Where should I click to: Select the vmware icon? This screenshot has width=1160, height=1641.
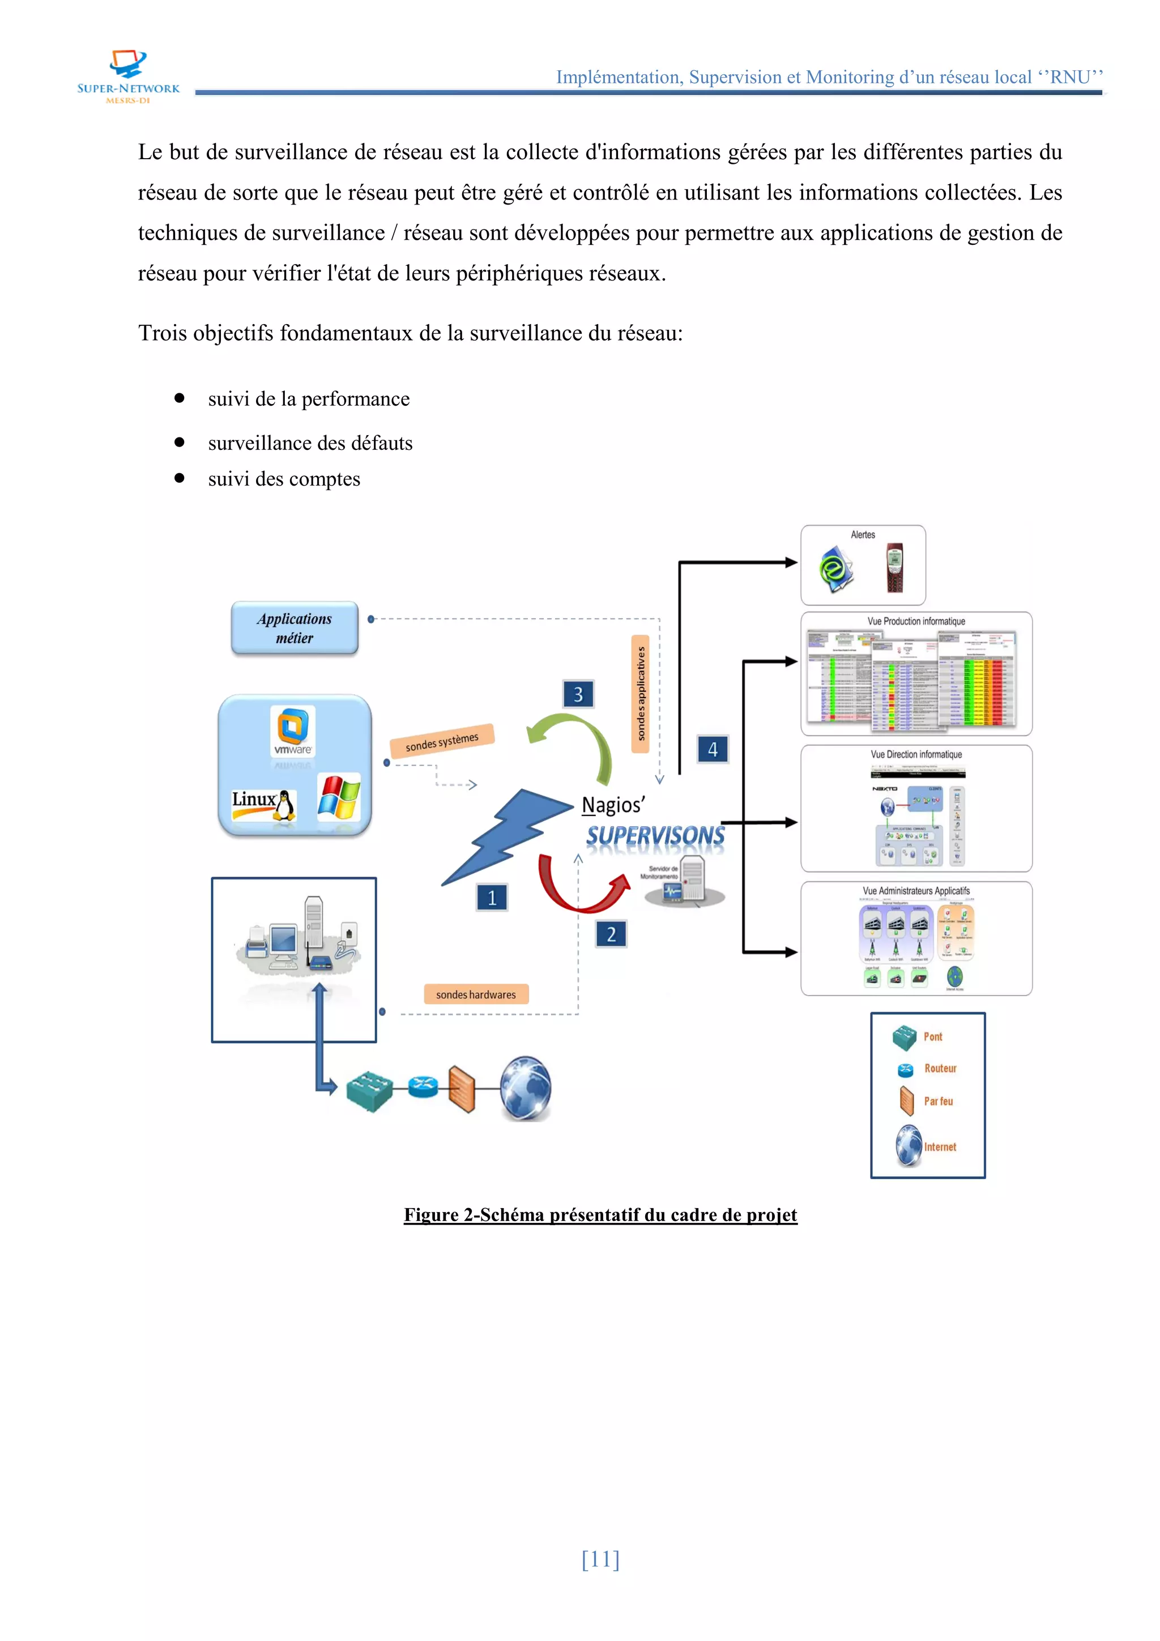(x=293, y=731)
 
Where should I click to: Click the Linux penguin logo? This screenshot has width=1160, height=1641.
(x=285, y=806)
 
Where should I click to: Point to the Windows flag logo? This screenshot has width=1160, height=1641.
(x=339, y=798)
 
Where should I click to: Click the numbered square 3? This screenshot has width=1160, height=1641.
(x=578, y=694)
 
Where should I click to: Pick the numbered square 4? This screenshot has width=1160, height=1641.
(x=712, y=749)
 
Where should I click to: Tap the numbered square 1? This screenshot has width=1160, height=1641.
(x=492, y=898)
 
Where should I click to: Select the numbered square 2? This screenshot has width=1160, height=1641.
(x=611, y=934)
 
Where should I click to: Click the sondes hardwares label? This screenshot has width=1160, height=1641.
(x=476, y=994)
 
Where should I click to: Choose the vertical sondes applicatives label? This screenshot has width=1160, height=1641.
(x=641, y=693)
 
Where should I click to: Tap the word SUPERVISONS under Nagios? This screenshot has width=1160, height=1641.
(x=655, y=835)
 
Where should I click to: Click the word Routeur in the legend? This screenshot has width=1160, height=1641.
(x=940, y=1069)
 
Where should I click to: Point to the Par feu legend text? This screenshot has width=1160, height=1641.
(x=938, y=1102)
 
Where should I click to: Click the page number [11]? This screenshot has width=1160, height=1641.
(x=600, y=1559)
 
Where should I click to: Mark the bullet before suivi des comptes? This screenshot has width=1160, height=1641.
(x=180, y=478)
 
